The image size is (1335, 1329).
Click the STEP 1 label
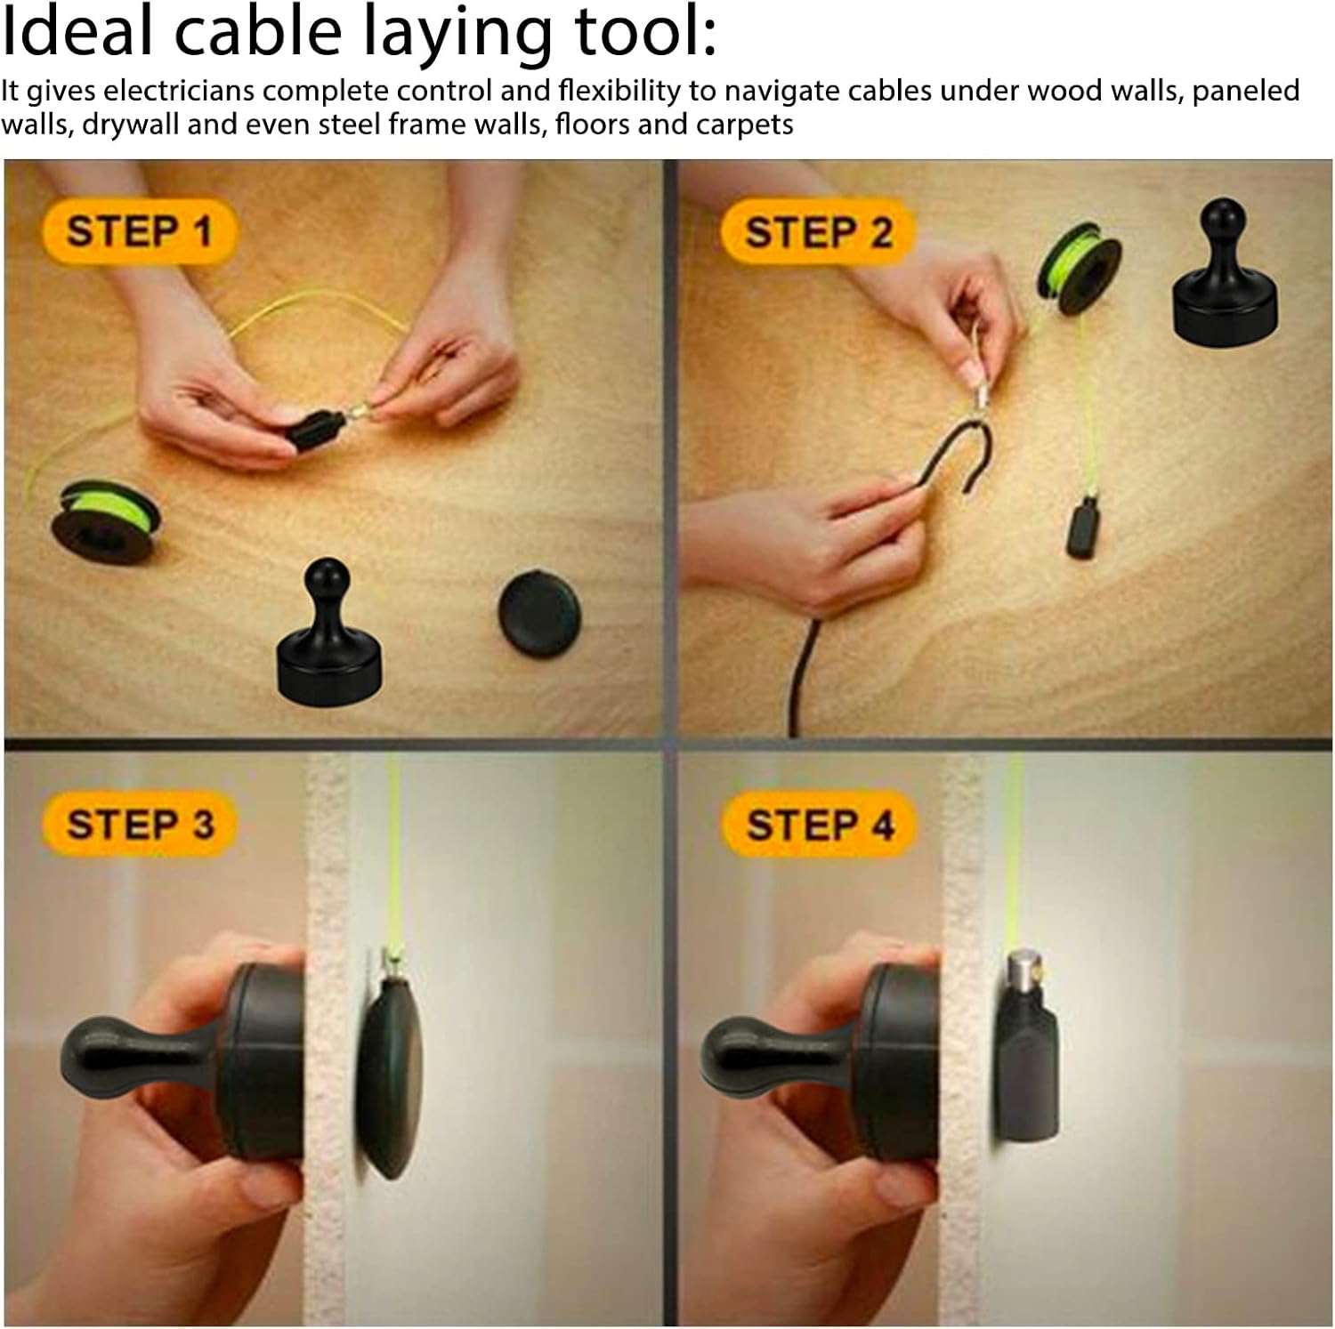coord(140,232)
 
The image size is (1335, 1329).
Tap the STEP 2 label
coord(818,233)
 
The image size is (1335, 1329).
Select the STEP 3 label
coord(140,825)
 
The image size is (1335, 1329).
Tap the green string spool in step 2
coord(1076,269)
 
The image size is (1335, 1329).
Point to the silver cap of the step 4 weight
coord(1027,973)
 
